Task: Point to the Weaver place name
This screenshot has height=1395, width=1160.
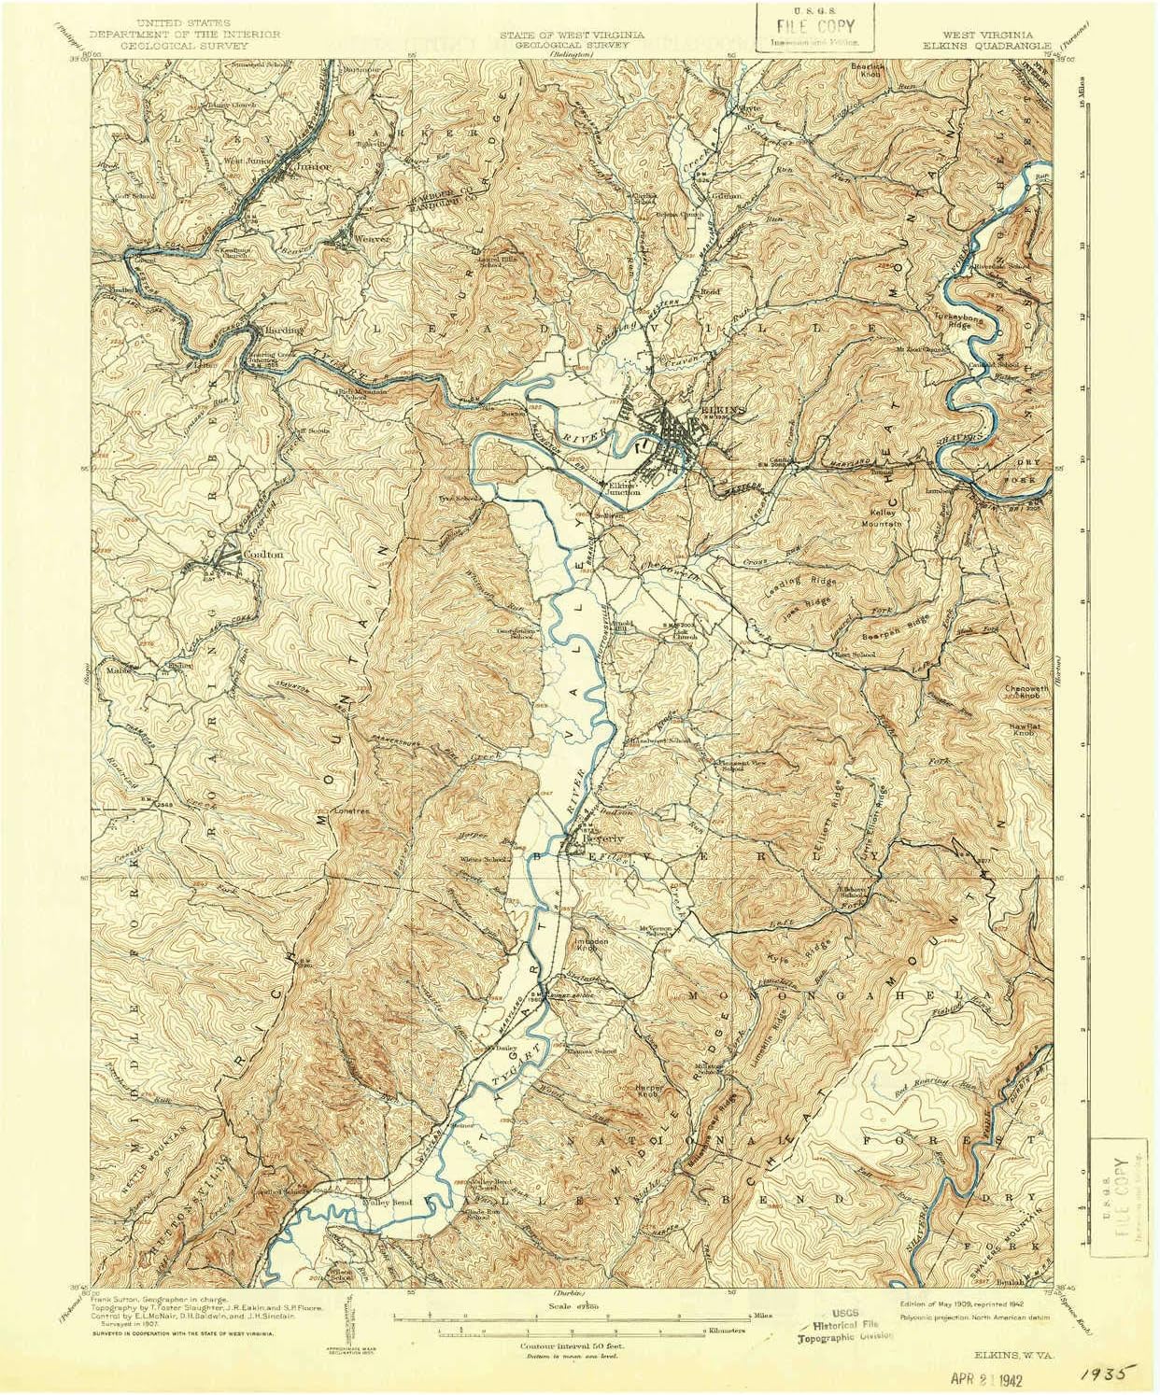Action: [371, 239]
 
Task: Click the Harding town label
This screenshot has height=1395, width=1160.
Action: [281, 330]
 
